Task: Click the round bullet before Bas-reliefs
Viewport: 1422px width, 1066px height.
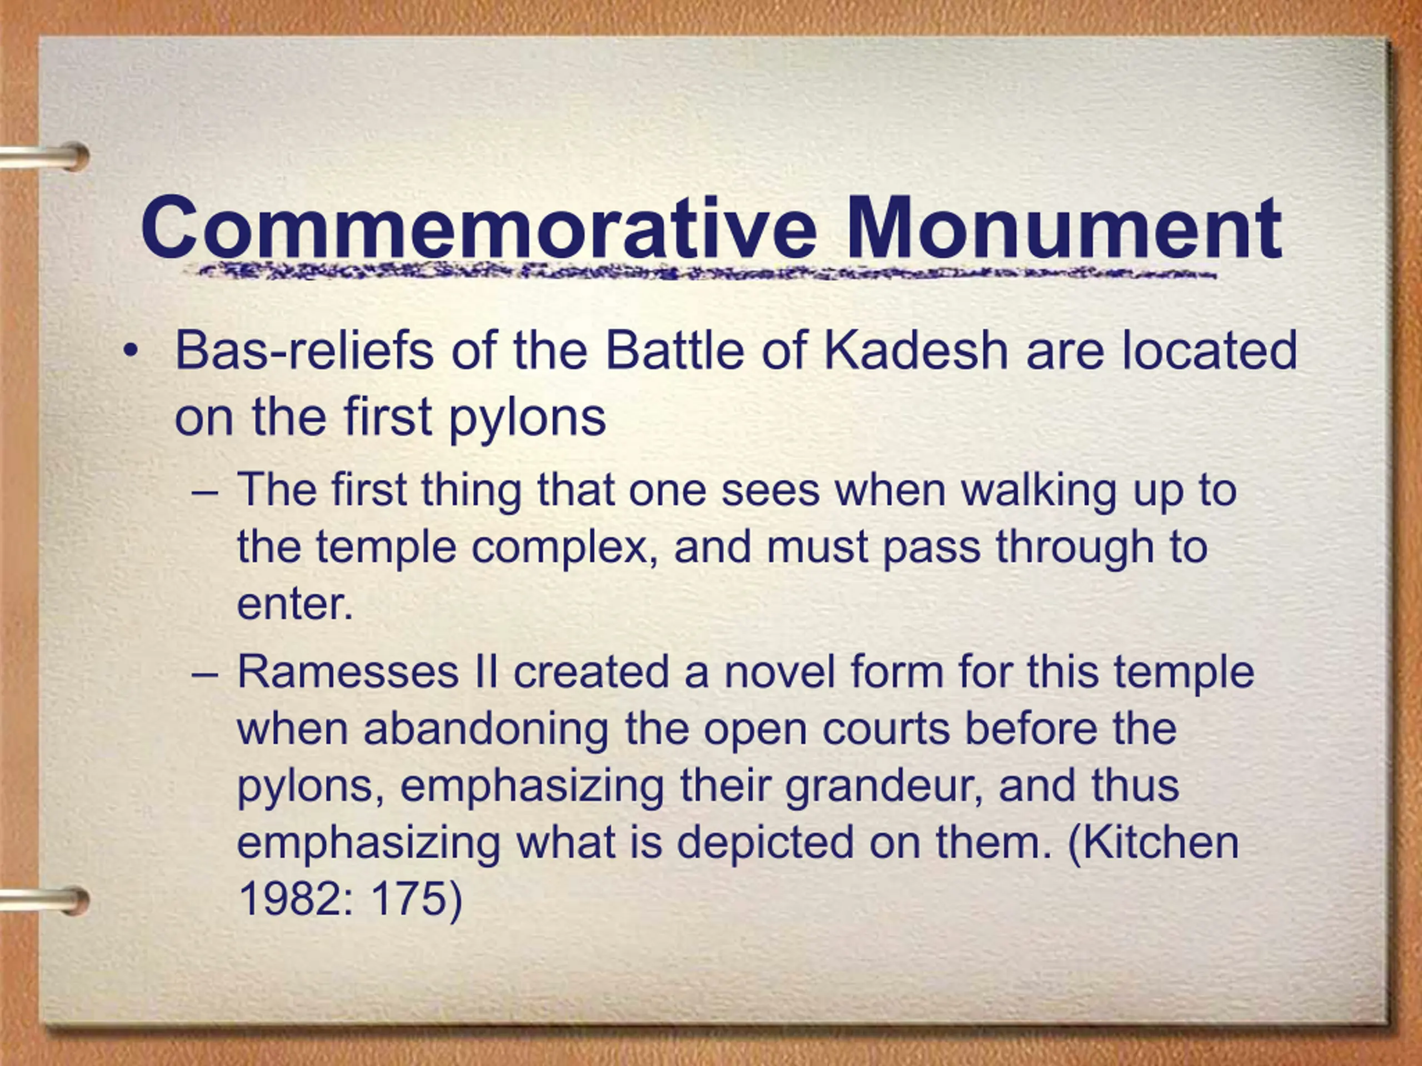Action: pos(131,351)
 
